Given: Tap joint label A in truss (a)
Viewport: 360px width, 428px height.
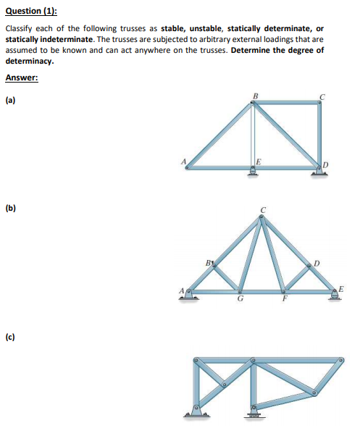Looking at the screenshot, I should click(x=183, y=161).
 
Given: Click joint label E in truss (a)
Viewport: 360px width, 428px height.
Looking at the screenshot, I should click(x=257, y=161).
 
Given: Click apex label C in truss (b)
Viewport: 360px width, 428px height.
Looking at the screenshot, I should click(x=264, y=211).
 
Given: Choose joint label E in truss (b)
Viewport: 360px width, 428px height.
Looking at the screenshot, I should click(x=340, y=288).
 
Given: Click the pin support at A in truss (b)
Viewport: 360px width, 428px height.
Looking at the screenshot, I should click(x=190, y=294).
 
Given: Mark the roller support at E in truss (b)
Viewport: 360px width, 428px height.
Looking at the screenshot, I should click(x=335, y=295).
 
